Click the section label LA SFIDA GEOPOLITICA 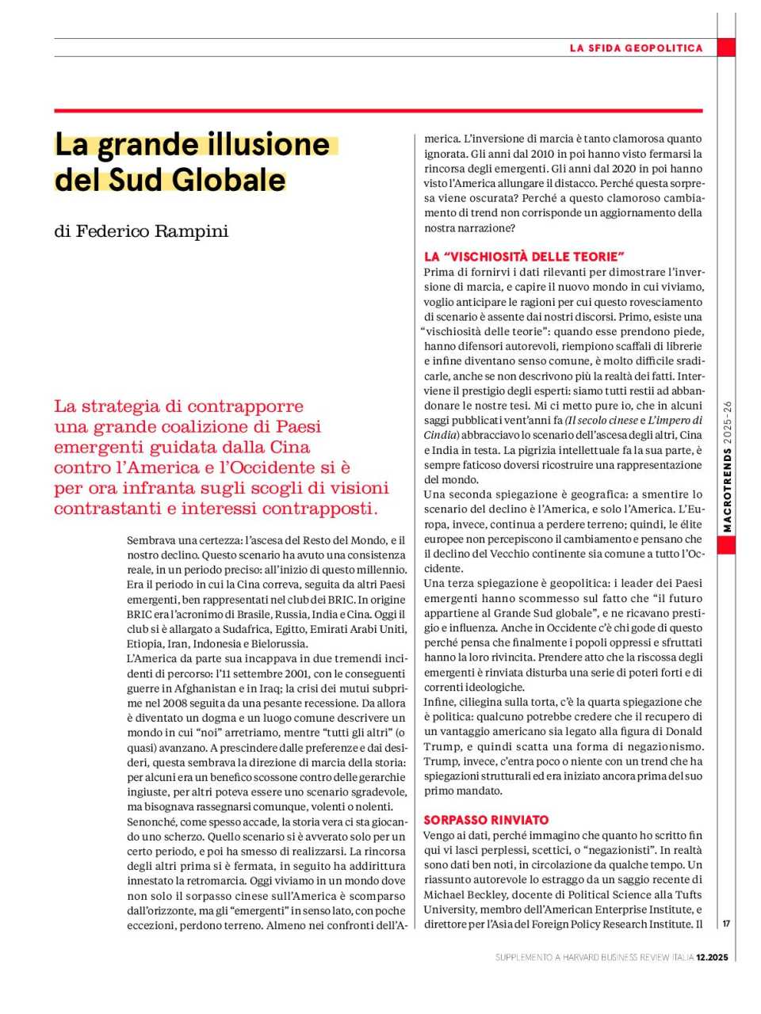click(636, 48)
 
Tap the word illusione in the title click(269, 145)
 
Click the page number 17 click(726, 923)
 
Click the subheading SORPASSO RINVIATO click(486, 820)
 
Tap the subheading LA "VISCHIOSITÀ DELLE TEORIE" click(524, 257)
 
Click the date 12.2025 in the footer click(712, 958)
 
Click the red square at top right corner click(726, 47)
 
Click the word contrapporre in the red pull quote click(254, 406)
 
